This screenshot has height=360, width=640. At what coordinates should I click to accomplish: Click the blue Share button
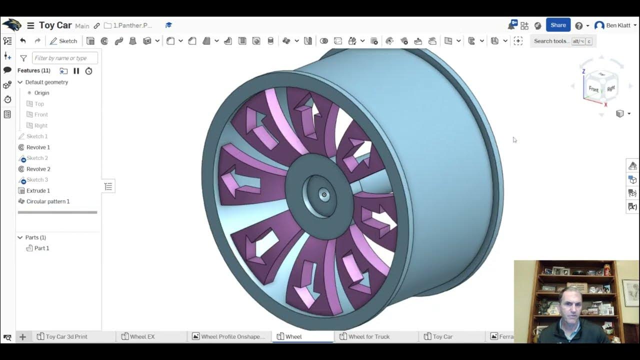pos(558,25)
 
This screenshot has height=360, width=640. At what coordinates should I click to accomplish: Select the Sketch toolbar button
pos(63,41)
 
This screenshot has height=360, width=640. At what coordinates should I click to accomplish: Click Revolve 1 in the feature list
pos(38,147)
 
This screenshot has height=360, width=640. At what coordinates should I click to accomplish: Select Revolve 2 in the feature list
pos(38,169)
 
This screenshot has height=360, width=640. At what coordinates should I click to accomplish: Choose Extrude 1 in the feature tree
pos(38,190)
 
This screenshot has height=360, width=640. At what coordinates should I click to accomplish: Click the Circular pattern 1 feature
pos(47,201)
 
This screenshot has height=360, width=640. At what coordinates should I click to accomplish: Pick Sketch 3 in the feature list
pos(37,180)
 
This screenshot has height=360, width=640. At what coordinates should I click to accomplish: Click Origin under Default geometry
pos(41,93)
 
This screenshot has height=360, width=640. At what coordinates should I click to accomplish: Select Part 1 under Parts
pos(41,248)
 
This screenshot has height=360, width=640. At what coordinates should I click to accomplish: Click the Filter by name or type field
pos(64,58)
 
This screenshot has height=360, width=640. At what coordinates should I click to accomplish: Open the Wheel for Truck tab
pos(368,336)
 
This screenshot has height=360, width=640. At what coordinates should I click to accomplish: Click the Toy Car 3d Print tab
pos(66,336)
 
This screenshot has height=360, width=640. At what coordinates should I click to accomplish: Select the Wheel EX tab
pos(142,336)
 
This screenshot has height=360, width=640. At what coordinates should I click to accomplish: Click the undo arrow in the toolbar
pos(23,41)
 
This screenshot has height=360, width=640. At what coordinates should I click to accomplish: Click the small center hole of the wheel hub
pos(324,194)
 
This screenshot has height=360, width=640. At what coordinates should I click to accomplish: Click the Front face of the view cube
pos(593,89)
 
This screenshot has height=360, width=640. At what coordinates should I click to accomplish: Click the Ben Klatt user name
pos(618,25)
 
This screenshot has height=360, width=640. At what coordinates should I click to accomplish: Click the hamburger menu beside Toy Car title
pos(30,25)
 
